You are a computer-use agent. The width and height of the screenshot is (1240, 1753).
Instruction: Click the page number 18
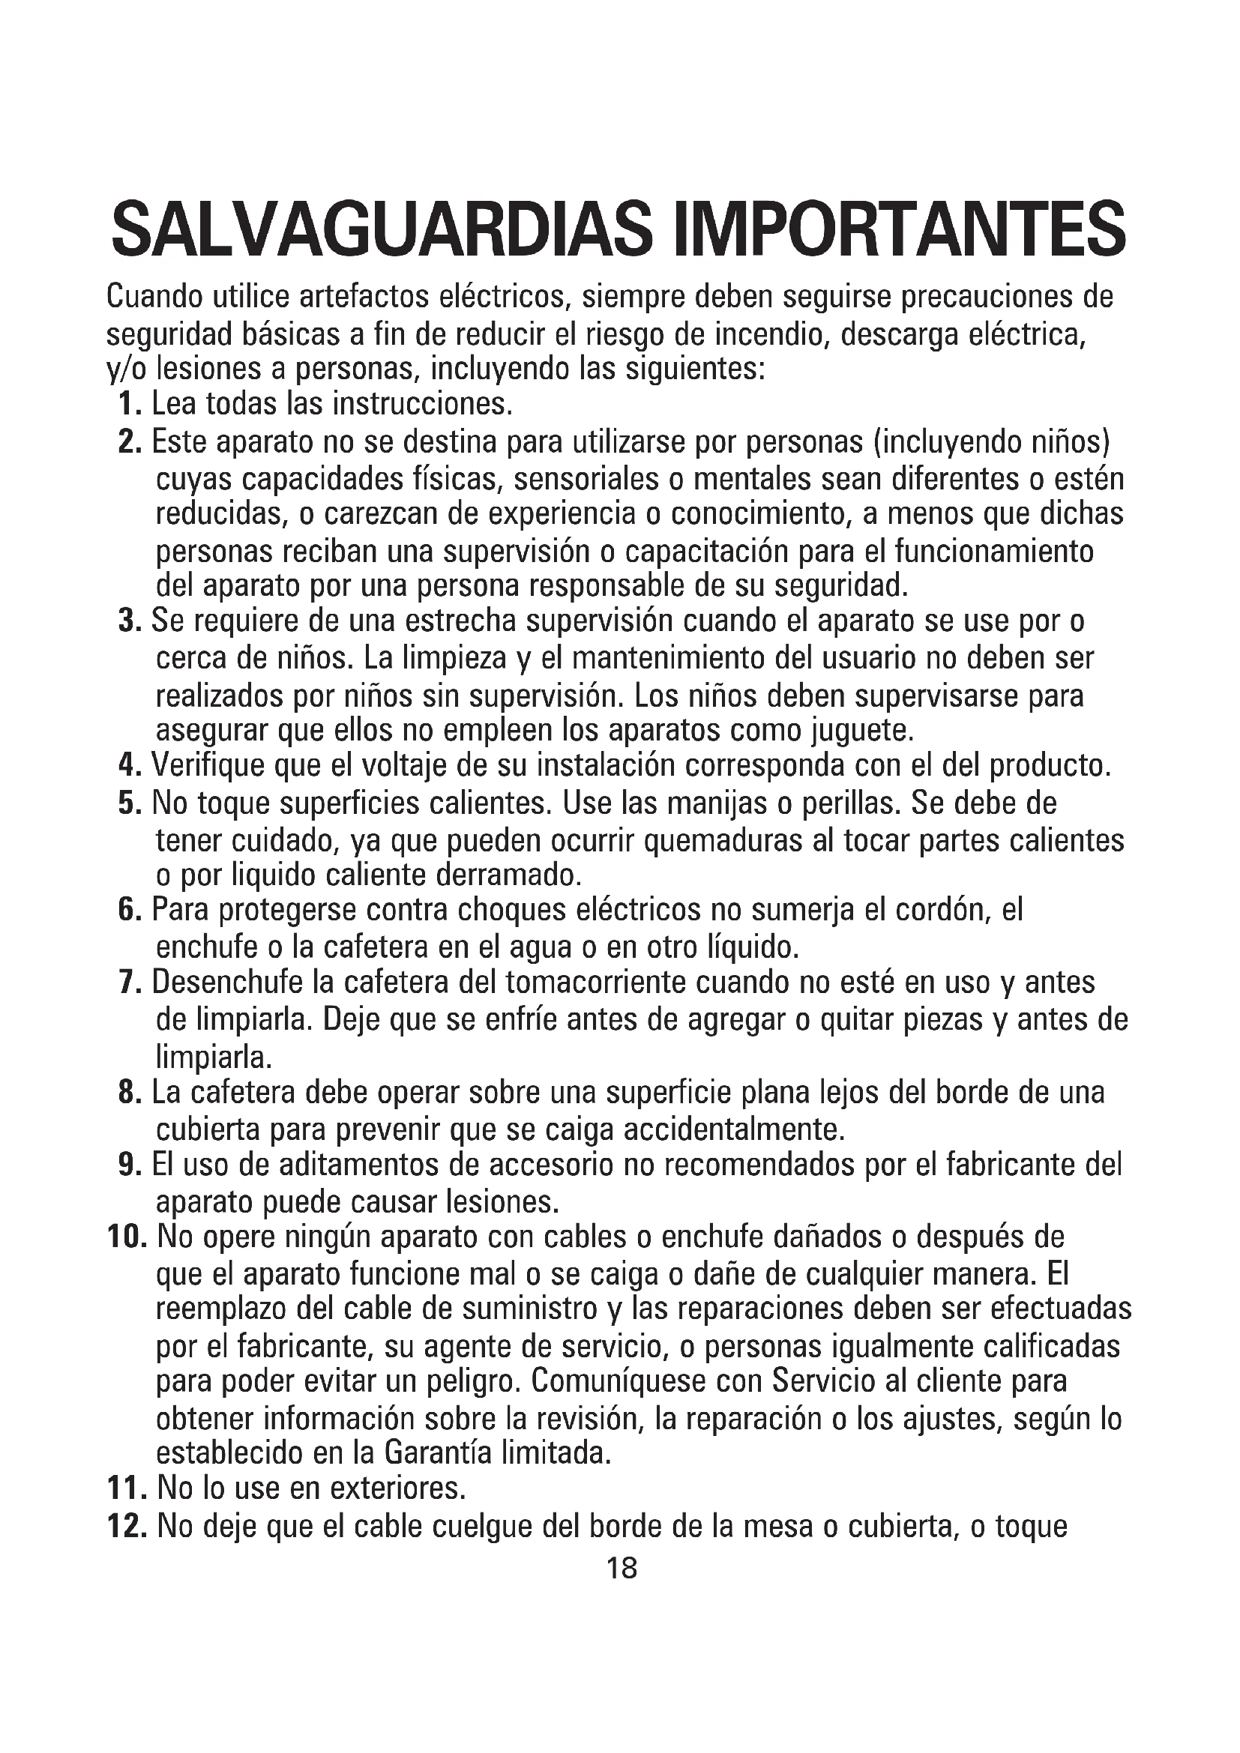(x=621, y=1568)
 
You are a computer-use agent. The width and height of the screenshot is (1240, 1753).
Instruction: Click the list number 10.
(x=127, y=1237)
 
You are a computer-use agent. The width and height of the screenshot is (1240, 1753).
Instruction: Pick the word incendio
(x=771, y=334)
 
